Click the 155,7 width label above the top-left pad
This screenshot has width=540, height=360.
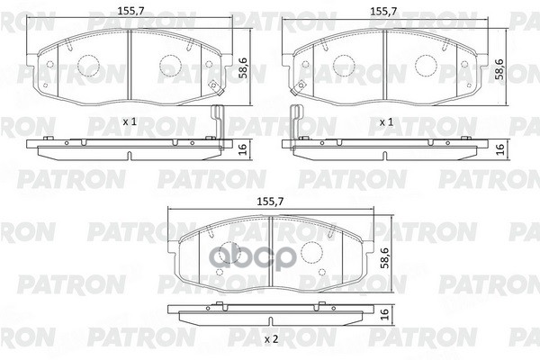[130, 11]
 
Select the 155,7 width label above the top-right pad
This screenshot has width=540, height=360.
[383, 11]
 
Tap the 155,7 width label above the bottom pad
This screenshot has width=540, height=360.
[270, 202]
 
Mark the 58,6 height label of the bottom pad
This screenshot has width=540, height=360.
[384, 257]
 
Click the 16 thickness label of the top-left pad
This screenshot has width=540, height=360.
[243, 149]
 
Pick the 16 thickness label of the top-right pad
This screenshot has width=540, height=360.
[499, 149]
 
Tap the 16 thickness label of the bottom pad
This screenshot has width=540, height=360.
[384, 313]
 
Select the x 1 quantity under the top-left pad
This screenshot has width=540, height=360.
[130, 121]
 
